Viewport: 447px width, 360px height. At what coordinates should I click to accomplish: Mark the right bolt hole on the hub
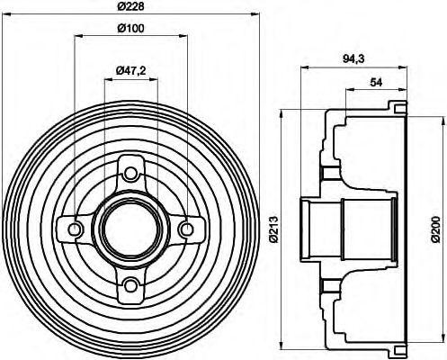click(187, 229)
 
